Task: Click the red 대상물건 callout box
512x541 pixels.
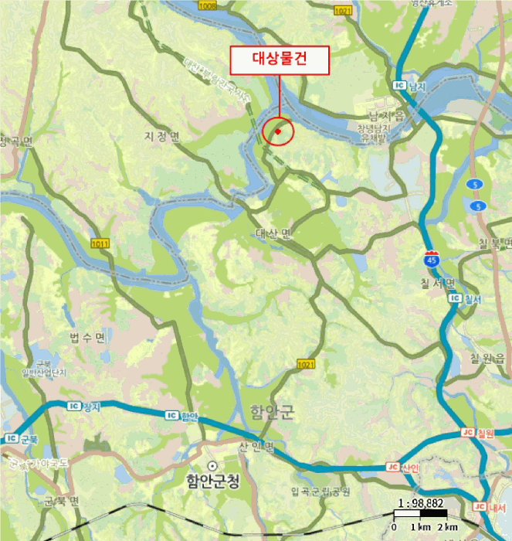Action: (279, 60)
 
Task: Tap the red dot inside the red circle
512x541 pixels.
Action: (277, 132)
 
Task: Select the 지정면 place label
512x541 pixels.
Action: (161, 137)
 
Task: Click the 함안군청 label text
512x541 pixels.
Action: (212, 480)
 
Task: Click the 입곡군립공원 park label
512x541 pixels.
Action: (320, 491)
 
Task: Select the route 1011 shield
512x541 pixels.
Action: (100, 243)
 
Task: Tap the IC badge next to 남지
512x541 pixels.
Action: (399, 85)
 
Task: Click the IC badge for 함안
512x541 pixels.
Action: (171, 415)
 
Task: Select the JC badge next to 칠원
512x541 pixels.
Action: (466, 433)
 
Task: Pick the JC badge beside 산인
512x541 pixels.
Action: (392, 467)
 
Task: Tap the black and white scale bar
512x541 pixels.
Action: (421, 514)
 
